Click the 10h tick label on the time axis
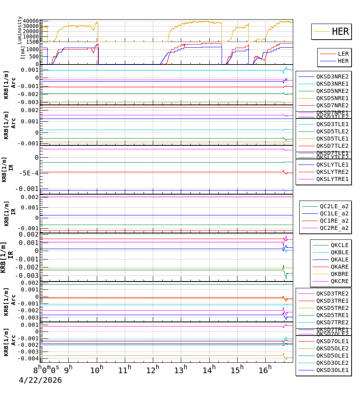pos(96,370)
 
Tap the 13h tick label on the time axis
pos(181,370)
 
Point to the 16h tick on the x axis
pos(264,370)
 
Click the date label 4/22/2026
pos(40,380)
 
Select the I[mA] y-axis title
pos(23,52)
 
